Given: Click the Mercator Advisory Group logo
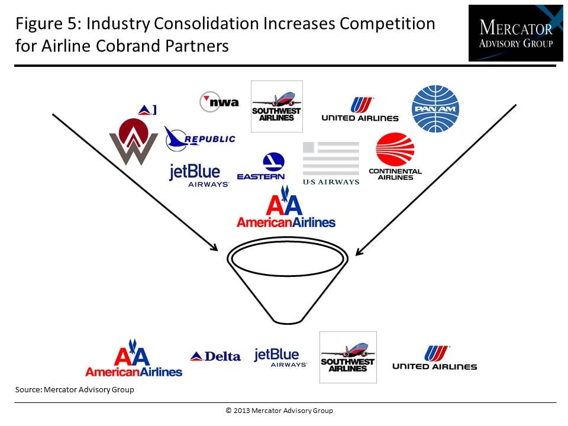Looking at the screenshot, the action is tap(515, 33).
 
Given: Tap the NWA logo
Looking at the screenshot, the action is tap(220, 102).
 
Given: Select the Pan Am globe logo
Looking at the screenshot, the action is tap(435, 109).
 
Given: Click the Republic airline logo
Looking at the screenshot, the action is tap(200, 138).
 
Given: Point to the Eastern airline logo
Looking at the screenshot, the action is tap(261, 166).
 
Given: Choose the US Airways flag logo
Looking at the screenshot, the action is tap(331, 163).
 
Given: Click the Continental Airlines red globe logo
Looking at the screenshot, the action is tap(395, 156).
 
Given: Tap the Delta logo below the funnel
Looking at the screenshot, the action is tap(215, 356).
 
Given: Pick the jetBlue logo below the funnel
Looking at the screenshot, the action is tap(280, 358).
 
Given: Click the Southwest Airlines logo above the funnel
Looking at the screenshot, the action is tap(277, 106).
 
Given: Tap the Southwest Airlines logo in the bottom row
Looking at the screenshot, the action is tap(348, 357).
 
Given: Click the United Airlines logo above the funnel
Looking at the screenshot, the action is tap(360, 109).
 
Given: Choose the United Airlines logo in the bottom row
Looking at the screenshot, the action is tap(435, 357).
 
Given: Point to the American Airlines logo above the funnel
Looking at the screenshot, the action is tap(286, 207).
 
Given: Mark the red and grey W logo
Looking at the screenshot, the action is tap(133, 141).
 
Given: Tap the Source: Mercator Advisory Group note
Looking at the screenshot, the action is tap(75, 390).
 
